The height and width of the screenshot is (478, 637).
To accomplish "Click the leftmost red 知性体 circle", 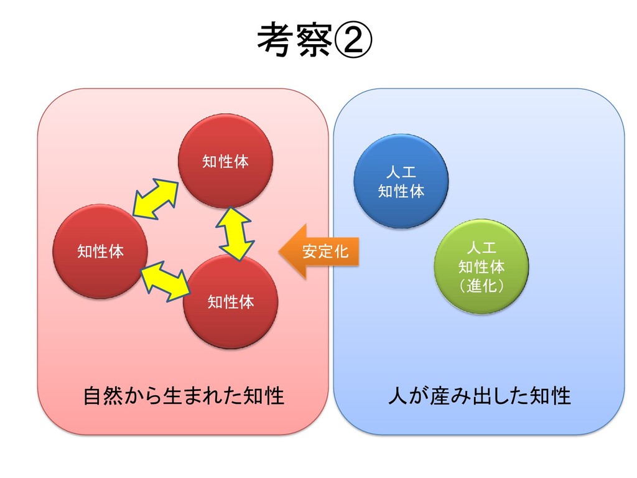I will (100, 251).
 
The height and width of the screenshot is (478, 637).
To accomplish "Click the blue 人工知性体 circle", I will (401, 180).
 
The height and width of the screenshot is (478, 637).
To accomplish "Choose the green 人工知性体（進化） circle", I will (481, 266).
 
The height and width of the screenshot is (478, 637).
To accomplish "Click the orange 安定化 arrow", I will (318, 251).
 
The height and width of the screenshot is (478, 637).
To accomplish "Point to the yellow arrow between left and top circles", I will (155, 198).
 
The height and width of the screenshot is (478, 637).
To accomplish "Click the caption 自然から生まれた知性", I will (184, 396).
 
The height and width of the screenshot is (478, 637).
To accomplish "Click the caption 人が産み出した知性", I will (479, 396).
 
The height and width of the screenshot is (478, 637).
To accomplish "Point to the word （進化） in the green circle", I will (481, 286).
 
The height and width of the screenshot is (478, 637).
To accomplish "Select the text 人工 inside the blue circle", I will (401, 172).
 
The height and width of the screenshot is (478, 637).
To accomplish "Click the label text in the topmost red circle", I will (225, 162).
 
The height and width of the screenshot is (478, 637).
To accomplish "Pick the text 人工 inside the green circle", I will (481, 248).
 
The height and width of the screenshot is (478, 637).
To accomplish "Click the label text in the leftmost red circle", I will (100, 251).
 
